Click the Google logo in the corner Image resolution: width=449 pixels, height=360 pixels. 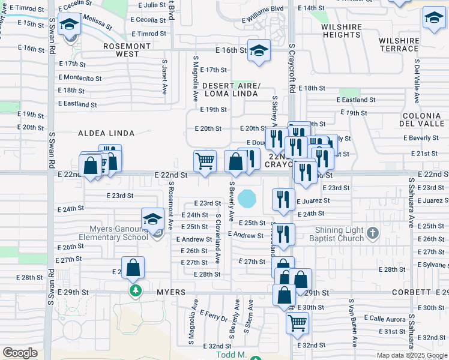pyautogui.click(x=20, y=353)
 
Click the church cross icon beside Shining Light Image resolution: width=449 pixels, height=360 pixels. pyautogui.click(x=372, y=233)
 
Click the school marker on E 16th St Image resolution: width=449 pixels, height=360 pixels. pyautogui.click(x=259, y=50)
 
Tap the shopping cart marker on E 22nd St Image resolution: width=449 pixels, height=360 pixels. pyautogui.click(x=205, y=161)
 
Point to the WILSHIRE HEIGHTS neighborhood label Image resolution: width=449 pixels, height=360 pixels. pyautogui.click(x=340, y=31)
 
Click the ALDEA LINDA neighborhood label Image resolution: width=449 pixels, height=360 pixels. pyautogui.click(x=106, y=133)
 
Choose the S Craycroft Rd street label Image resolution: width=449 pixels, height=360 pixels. pyautogui.click(x=292, y=67)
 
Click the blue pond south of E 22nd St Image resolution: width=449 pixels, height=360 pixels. pyautogui.click(x=246, y=197)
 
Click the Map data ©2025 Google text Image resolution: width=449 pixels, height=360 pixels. pyautogui.click(x=411, y=355)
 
